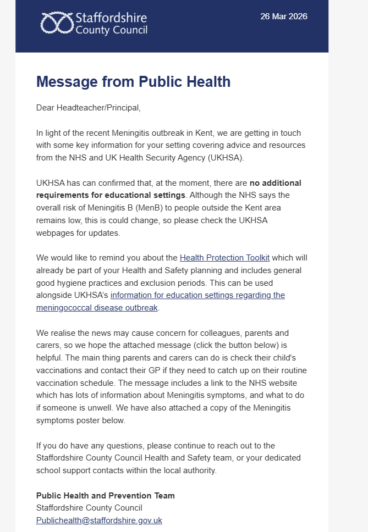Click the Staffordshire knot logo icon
coord(57,23)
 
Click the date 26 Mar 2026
coord(284,16)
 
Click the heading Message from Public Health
coord(133,82)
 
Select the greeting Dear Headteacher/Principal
coord(89,108)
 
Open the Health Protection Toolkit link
coord(224,257)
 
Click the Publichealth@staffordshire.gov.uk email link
coord(99,520)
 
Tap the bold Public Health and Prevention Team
coord(105,496)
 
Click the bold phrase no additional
coord(276,182)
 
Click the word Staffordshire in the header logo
coord(112,17)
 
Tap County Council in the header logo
coord(111,30)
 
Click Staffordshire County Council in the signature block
coord(89,508)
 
